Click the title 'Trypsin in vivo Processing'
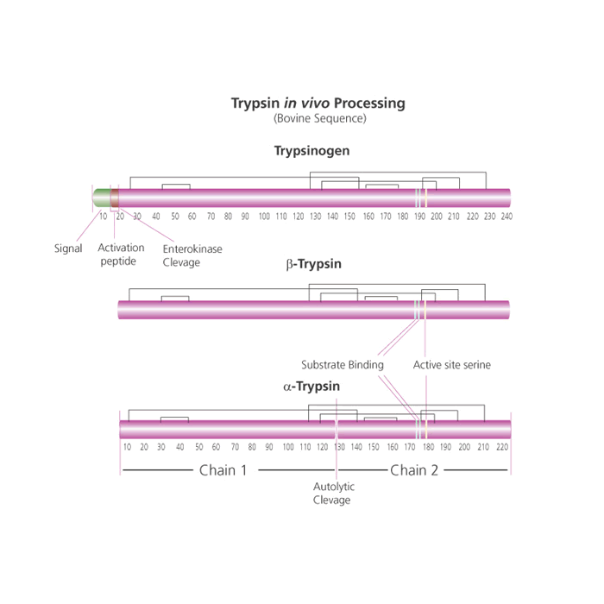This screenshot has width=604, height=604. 318,104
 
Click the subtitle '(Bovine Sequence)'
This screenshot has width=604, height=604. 320,118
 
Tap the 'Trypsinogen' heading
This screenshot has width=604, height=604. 312,151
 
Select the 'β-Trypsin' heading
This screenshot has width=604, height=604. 313,264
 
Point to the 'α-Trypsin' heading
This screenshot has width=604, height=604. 311,387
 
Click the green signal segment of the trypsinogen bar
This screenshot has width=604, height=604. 102,198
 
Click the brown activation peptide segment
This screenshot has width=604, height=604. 115,198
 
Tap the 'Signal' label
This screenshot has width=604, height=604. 68,249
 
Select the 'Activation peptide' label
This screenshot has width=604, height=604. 121,255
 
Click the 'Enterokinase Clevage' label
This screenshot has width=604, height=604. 192,255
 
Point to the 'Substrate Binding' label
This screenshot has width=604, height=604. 343,365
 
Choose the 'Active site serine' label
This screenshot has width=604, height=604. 452,365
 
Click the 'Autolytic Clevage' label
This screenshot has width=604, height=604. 334,494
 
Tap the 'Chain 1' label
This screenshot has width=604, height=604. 223,470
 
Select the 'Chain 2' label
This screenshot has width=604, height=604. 414,470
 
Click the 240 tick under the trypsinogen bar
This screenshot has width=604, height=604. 506,217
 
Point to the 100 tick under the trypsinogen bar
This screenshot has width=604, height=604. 264,217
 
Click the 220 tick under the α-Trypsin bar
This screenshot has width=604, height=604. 502,447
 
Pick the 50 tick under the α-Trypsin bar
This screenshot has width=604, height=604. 198,447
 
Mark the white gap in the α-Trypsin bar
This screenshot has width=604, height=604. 337,430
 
